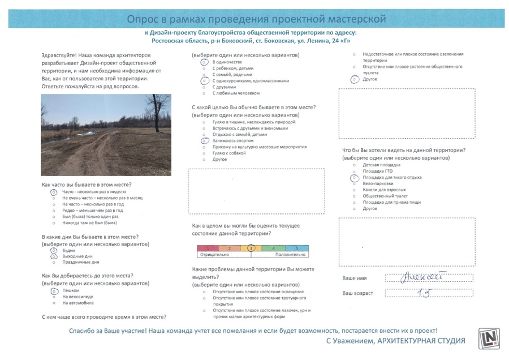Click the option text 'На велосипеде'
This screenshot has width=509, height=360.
(77, 297)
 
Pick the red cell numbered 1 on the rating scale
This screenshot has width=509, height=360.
(208, 248)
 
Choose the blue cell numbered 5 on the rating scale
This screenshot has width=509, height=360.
(296, 248)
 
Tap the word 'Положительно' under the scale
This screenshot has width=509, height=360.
(291, 256)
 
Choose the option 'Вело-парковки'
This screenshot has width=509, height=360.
(378, 183)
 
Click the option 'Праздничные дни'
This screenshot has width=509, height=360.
(81, 262)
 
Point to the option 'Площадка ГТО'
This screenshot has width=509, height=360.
(377, 171)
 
